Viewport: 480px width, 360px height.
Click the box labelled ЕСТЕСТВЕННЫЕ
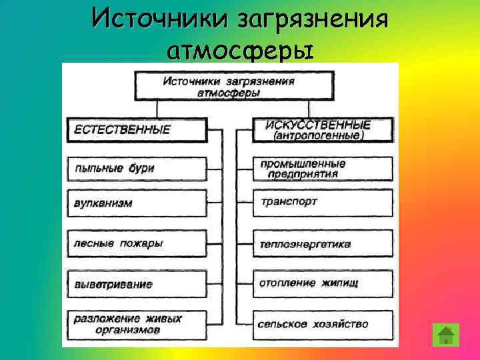coord(137,129)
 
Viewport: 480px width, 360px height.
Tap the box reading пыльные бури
coord(137,168)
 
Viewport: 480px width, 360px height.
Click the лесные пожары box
coord(137,243)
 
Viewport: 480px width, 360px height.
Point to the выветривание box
coord(137,284)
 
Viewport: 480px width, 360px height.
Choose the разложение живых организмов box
coord(137,324)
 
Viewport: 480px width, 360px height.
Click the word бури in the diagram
coord(141,168)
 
